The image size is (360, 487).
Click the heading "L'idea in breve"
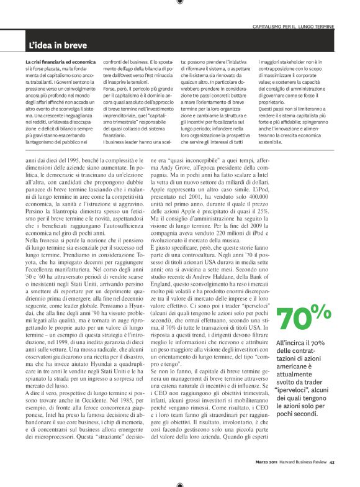tap(58, 45)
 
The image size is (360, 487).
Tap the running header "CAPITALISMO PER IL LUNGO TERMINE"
tap(294, 27)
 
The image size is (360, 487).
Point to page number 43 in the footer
tap(332, 461)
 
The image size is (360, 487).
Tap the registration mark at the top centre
tap(179, 3)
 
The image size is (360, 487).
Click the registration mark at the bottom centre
tap(179, 483)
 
